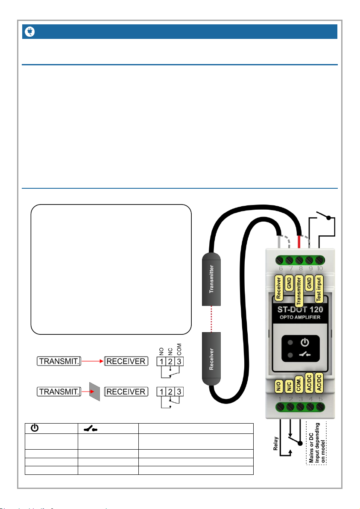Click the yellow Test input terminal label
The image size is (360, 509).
click(319, 289)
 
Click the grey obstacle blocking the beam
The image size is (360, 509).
click(94, 391)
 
